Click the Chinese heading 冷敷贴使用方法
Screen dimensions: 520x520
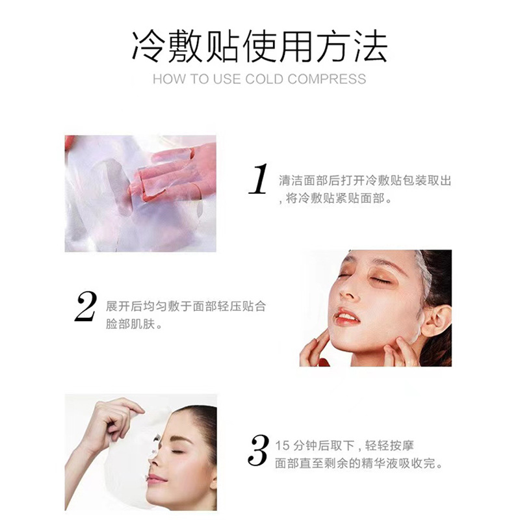pos(259,46)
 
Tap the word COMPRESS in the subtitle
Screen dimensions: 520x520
pos(326,79)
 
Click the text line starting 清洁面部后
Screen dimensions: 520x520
pos(364,181)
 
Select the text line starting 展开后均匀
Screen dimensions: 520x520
pos(185,305)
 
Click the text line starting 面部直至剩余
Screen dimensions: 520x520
pos(358,464)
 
